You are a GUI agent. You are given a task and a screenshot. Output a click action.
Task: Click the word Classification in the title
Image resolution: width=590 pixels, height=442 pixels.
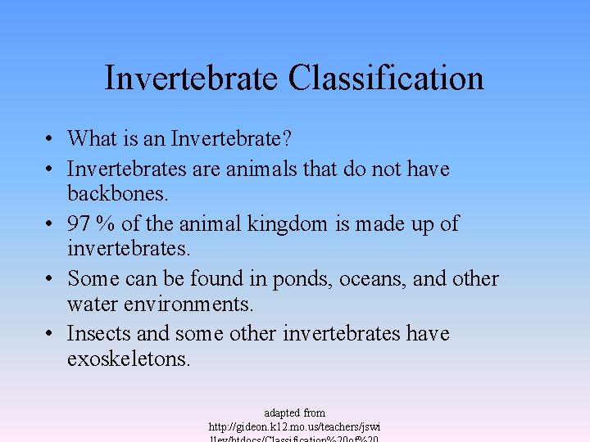pyautogui.click(x=385, y=79)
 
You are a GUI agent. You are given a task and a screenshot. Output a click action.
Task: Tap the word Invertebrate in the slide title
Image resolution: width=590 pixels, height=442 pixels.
pyautogui.click(x=191, y=79)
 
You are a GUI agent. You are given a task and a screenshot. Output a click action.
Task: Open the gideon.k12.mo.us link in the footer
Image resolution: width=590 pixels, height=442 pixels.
pyautogui.click(x=294, y=427)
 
